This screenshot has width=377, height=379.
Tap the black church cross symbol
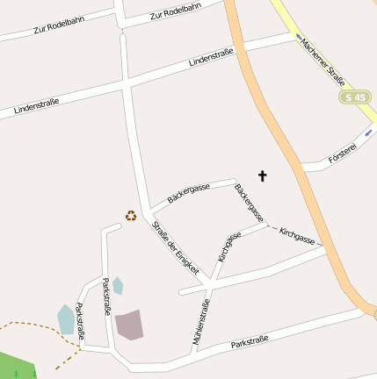pyautogui.click(x=261, y=176)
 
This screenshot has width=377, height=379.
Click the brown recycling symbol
pyautogui.click(x=131, y=215)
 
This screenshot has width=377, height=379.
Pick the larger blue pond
pyautogui.click(x=66, y=318)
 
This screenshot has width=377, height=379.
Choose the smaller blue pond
pyautogui.click(x=118, y=285)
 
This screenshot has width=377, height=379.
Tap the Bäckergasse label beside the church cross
pyautogui.click(x=249, y=202)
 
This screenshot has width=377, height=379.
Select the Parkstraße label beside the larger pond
pyautogui.click(x=80, y=322)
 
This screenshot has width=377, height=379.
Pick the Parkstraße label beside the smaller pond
pyautogui.click(x=107, y=297)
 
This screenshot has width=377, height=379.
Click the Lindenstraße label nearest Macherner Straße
pyautogui.click(x=211, y=58)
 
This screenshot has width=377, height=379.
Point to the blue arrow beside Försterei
pyautogui.click(x=367, y=132)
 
